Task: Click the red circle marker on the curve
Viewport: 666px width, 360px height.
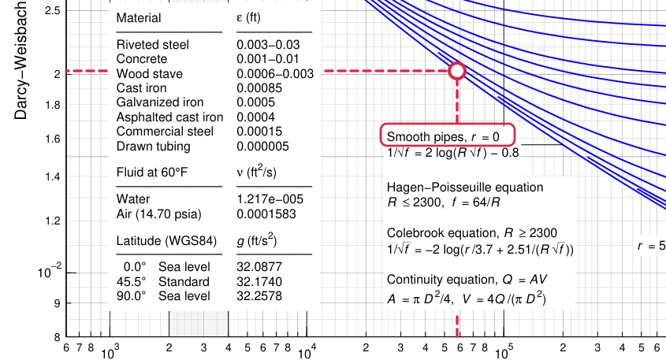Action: (457, 63)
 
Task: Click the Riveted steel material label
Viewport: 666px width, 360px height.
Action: (152, 45)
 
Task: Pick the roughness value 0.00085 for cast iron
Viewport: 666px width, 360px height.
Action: (259, 88)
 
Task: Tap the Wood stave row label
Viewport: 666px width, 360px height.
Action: (150, 73)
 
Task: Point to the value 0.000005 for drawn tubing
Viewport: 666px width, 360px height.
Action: (262, 146)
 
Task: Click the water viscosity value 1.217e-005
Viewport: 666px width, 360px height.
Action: (270, 199)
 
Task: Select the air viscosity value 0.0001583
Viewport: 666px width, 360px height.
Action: (266, 213)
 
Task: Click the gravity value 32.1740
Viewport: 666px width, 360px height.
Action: (259, 281)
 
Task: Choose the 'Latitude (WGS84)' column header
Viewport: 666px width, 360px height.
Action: (166, 241)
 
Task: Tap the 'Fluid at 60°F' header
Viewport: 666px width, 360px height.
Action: (151, 173)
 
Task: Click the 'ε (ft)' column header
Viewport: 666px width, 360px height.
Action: (248, 18)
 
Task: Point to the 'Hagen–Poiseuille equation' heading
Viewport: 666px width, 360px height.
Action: (465, 187)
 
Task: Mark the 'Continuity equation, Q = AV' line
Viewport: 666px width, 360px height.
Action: (467, 280)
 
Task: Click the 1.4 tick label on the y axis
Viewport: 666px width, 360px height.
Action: (53, 177)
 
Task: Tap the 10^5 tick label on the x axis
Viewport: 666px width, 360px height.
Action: (504, 352)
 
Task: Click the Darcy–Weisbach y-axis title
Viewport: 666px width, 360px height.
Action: (20, 61)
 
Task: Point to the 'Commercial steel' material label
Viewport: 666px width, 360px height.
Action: (165, 132)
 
